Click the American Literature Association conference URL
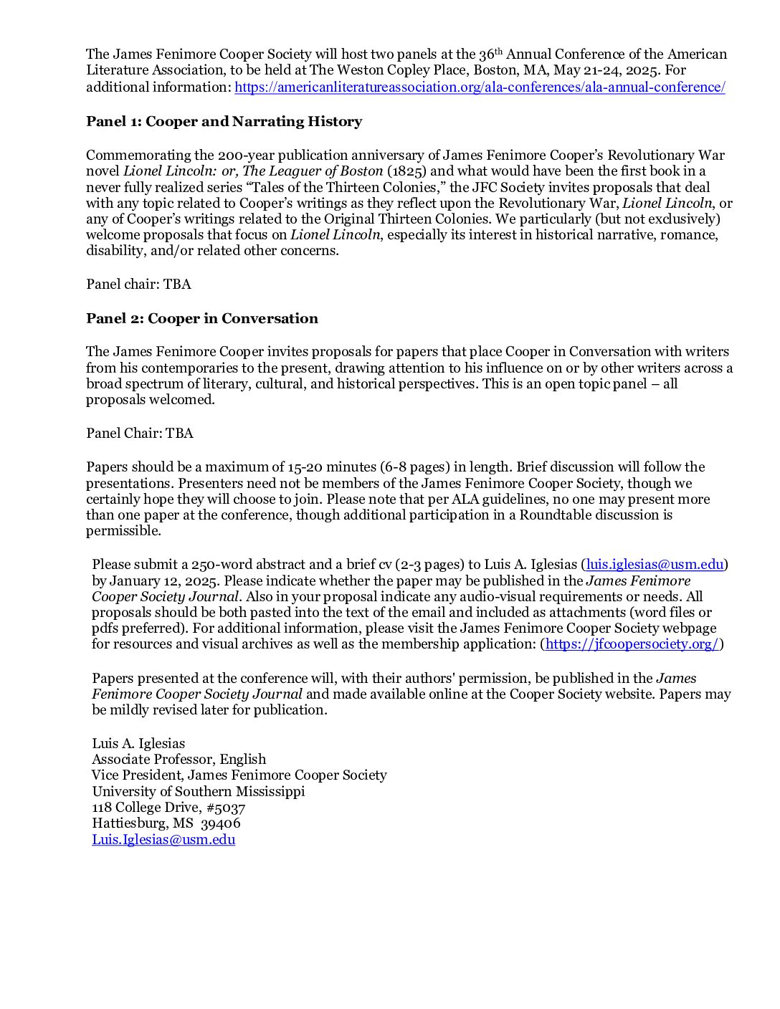(480, 87)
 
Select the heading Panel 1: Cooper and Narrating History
(224, 121)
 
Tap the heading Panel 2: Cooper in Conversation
(201, 318)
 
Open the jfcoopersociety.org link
(632, 644)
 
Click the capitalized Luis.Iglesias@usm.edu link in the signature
(163, 839)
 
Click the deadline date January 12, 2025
(164, 580)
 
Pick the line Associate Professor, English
(179, 759)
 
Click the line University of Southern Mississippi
(198, 791)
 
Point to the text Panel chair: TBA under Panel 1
(138, 284)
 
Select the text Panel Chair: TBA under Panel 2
(139, 433)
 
